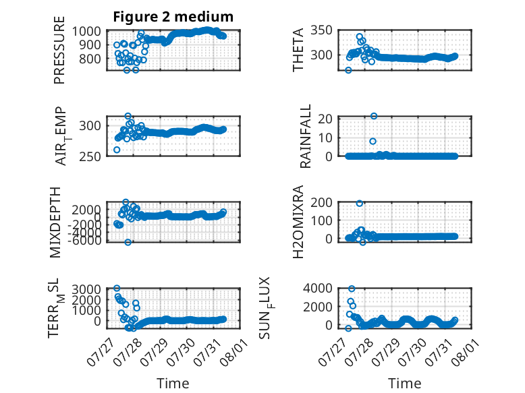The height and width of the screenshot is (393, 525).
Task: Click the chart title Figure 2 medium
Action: pyautogui.click(x=173, y=17)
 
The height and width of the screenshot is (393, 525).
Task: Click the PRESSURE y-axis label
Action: pyautogui.click(x=59, y=50)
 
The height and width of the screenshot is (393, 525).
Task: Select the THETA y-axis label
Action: pyautogui.click(x=298, y=50)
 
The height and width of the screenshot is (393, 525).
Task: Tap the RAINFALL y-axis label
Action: pyautogui.click(x=306, y=136)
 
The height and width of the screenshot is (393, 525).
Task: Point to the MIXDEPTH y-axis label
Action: pyautogui.click(x=55, y=222)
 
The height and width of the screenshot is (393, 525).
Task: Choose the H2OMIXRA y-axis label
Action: pyautogui.click(x=298, y=222)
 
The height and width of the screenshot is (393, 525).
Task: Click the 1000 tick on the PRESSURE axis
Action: pyautogui.click(x=86, y=31)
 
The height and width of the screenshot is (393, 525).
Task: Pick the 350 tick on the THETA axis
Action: pyautogui.click(x=321, y=30)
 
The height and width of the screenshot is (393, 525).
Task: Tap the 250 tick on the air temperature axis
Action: pyautogui.click(x=90, y=156)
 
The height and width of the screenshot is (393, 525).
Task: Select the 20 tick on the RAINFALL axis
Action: pyautogui.click(x=325, y=119)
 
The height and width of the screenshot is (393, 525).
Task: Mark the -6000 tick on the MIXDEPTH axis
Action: pyautogui.click(x=84, y=240)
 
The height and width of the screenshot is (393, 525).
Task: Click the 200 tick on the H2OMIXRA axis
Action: pyautogui.click(x=321, y=202)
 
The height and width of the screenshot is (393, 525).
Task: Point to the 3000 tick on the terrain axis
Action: pyautogui.click(x=86, y=289)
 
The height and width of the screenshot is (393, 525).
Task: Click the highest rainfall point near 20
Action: pyautogui.click(x=374, y=116)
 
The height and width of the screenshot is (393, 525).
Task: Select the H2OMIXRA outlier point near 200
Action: pyautogui.click(x=359, y=204)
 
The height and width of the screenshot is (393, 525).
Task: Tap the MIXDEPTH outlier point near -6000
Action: pyautogui.click(x=128, y=242)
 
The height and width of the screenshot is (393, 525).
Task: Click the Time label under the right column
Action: pyautogui.click(x=405, y=384)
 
